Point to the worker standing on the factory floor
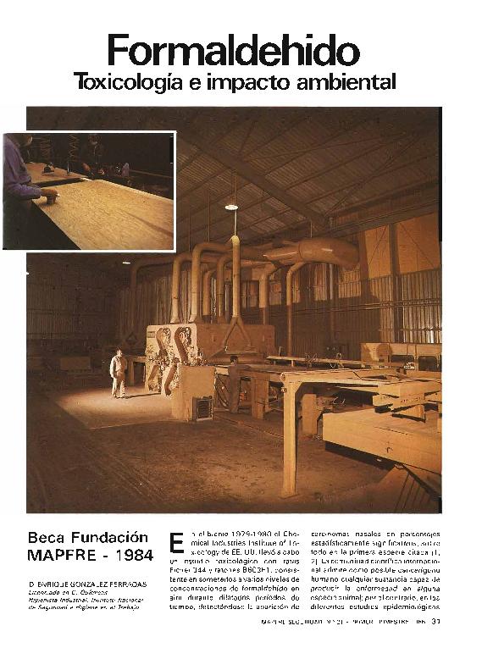(119, 374)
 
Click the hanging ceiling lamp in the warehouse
(231, 206)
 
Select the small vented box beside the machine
(202, 407)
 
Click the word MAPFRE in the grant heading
(61, 556)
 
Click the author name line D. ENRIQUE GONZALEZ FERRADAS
(86, 584)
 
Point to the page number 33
(436, 623)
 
